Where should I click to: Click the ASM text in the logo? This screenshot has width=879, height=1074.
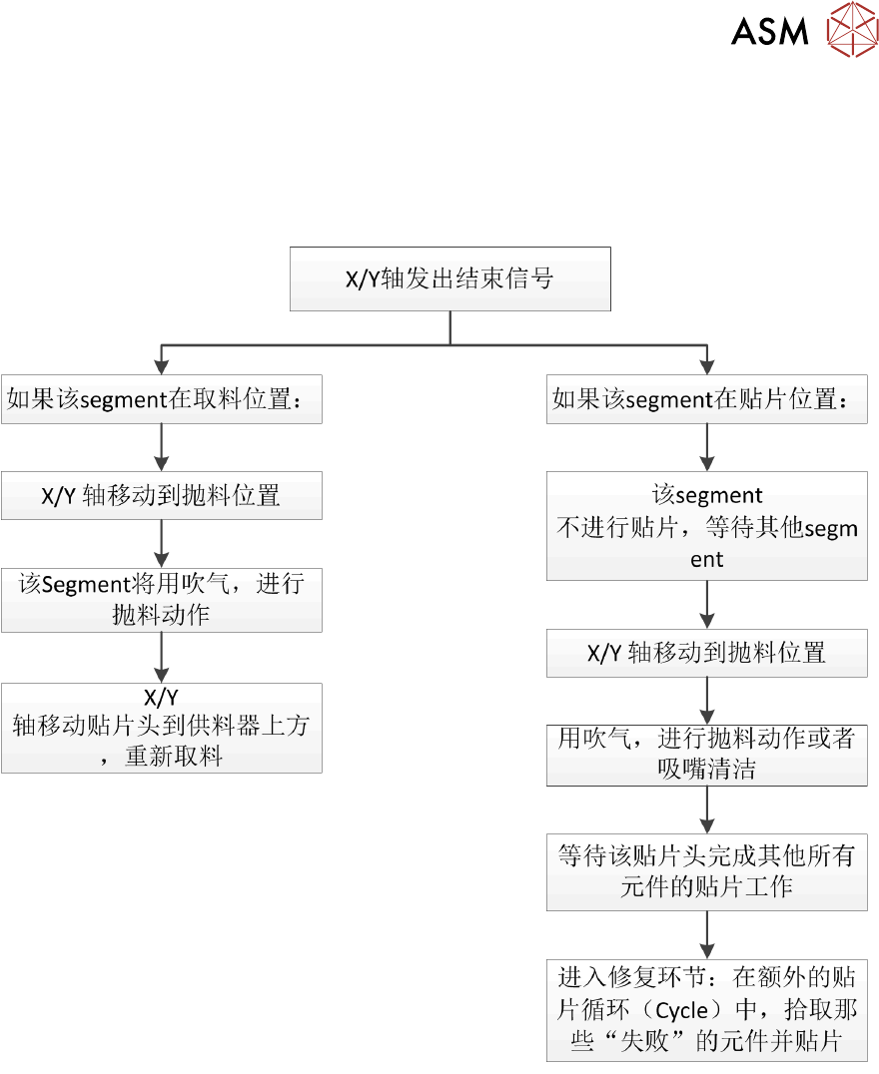tap(769, 32)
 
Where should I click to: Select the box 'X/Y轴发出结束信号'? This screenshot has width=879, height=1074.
tap(449, 279)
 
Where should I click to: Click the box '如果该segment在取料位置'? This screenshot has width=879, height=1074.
tap(162, 399)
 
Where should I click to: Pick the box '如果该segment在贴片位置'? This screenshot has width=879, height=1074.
tap(707, 399)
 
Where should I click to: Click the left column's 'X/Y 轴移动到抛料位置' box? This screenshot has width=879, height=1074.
tap(162, 495)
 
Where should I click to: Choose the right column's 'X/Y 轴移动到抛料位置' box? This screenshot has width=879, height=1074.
tap(707, 653)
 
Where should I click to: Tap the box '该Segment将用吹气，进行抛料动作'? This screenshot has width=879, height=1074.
tap(162, 599)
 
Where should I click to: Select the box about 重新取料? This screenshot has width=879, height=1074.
tap(162, 727)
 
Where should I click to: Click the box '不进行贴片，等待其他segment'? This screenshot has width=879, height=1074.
tap(707, 527)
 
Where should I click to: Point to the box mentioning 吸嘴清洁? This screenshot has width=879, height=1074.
tap(707, 755)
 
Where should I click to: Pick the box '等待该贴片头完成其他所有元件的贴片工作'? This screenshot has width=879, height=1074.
tap(707, 870)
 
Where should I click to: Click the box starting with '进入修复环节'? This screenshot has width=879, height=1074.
tap(707, 1009)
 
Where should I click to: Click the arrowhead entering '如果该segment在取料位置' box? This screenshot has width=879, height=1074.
tap(162, 366)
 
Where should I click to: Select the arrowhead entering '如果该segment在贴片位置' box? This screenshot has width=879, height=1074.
tap(707, 366)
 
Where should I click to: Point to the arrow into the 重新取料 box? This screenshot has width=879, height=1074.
tap(162, 674)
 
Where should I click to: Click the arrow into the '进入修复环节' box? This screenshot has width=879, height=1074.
tap(707, 949)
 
